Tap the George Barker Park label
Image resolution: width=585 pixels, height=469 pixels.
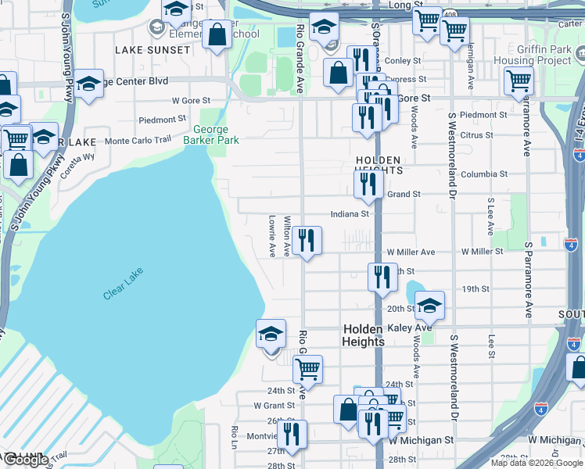[210, 135]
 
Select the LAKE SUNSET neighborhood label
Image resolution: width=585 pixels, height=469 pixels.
[153, 50]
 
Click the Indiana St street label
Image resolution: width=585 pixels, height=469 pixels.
[350, 213]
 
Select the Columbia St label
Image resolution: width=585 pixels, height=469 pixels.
[484, 174]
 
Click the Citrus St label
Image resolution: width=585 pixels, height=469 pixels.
[477, 135]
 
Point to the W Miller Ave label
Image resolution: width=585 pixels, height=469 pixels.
[411, 252]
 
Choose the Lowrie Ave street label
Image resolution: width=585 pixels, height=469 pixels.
[272, 236]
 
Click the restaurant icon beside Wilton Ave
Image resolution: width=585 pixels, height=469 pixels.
[307, 241]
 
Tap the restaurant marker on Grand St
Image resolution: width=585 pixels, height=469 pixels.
[368, 184]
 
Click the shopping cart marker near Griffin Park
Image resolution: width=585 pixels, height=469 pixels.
[519, 80]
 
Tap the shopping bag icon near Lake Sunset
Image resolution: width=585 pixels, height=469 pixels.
[217, 34]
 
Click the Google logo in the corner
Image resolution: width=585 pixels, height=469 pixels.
[26, 460]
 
